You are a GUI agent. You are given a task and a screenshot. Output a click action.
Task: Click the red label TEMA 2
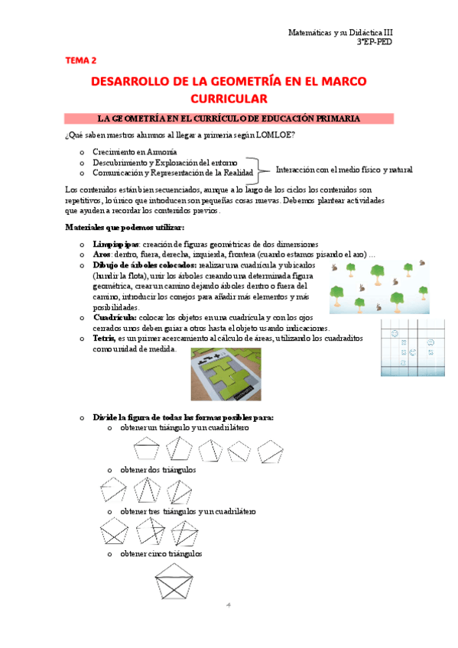(80, 60)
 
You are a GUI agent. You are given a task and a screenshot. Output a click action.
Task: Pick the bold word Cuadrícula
(115, 317)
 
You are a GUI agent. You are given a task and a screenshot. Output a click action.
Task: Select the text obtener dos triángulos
(159, 469)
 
